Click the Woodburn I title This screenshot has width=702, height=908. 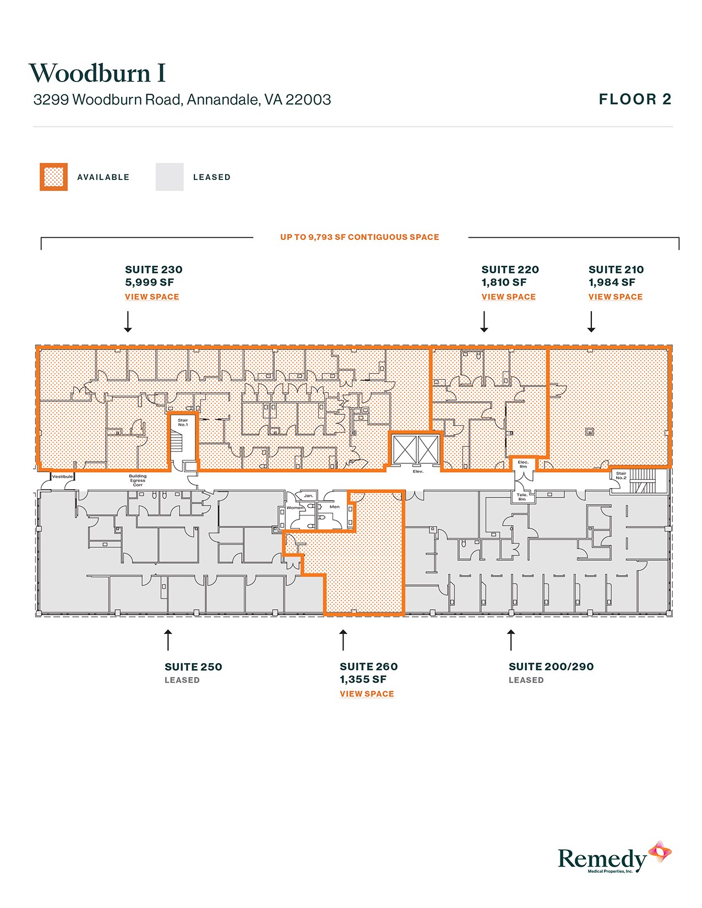pyautogui.click(x=97, y=73)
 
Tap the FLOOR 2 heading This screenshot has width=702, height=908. pyautogui.click(x=635, y=100)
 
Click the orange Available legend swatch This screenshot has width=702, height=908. pyautogui.click(x=53, y=177)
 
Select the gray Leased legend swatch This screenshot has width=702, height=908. pyautogui.click(x=170, y=177)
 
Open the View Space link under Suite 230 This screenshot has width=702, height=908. pyautogui.click(x=152, y=297)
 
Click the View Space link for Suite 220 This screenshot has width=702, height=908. pyautogui.click(x=508, y=297)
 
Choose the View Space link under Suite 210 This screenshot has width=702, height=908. pyautogui.click(x=615, y=297)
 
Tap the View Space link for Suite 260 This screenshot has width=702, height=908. pyautogui.click(x=367, y=694)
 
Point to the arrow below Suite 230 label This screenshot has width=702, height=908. pyautogui.click(x=128, y=322)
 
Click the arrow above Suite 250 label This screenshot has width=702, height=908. pyautogui.click(x=168, y=640)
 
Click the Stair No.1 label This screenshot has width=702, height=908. pyautogui.click(x=183, y=423)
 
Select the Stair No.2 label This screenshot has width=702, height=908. pyautogui.click(x=621, y=475)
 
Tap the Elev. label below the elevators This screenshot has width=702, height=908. pyautogui.click(x=418, y=472)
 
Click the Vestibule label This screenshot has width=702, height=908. pyautogui.click(x=62, y=477)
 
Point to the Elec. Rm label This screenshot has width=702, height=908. pyautogui.click(x=523, y=464)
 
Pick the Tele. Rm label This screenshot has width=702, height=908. pyautogui.click(x=522, y=497)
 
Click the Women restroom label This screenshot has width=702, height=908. pyautogui.click(x=295, y=507)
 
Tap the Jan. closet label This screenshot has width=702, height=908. pyautogui.click(x=308, y=496)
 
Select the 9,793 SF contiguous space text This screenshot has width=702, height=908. pyautogui.click(x=360, y=237)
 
